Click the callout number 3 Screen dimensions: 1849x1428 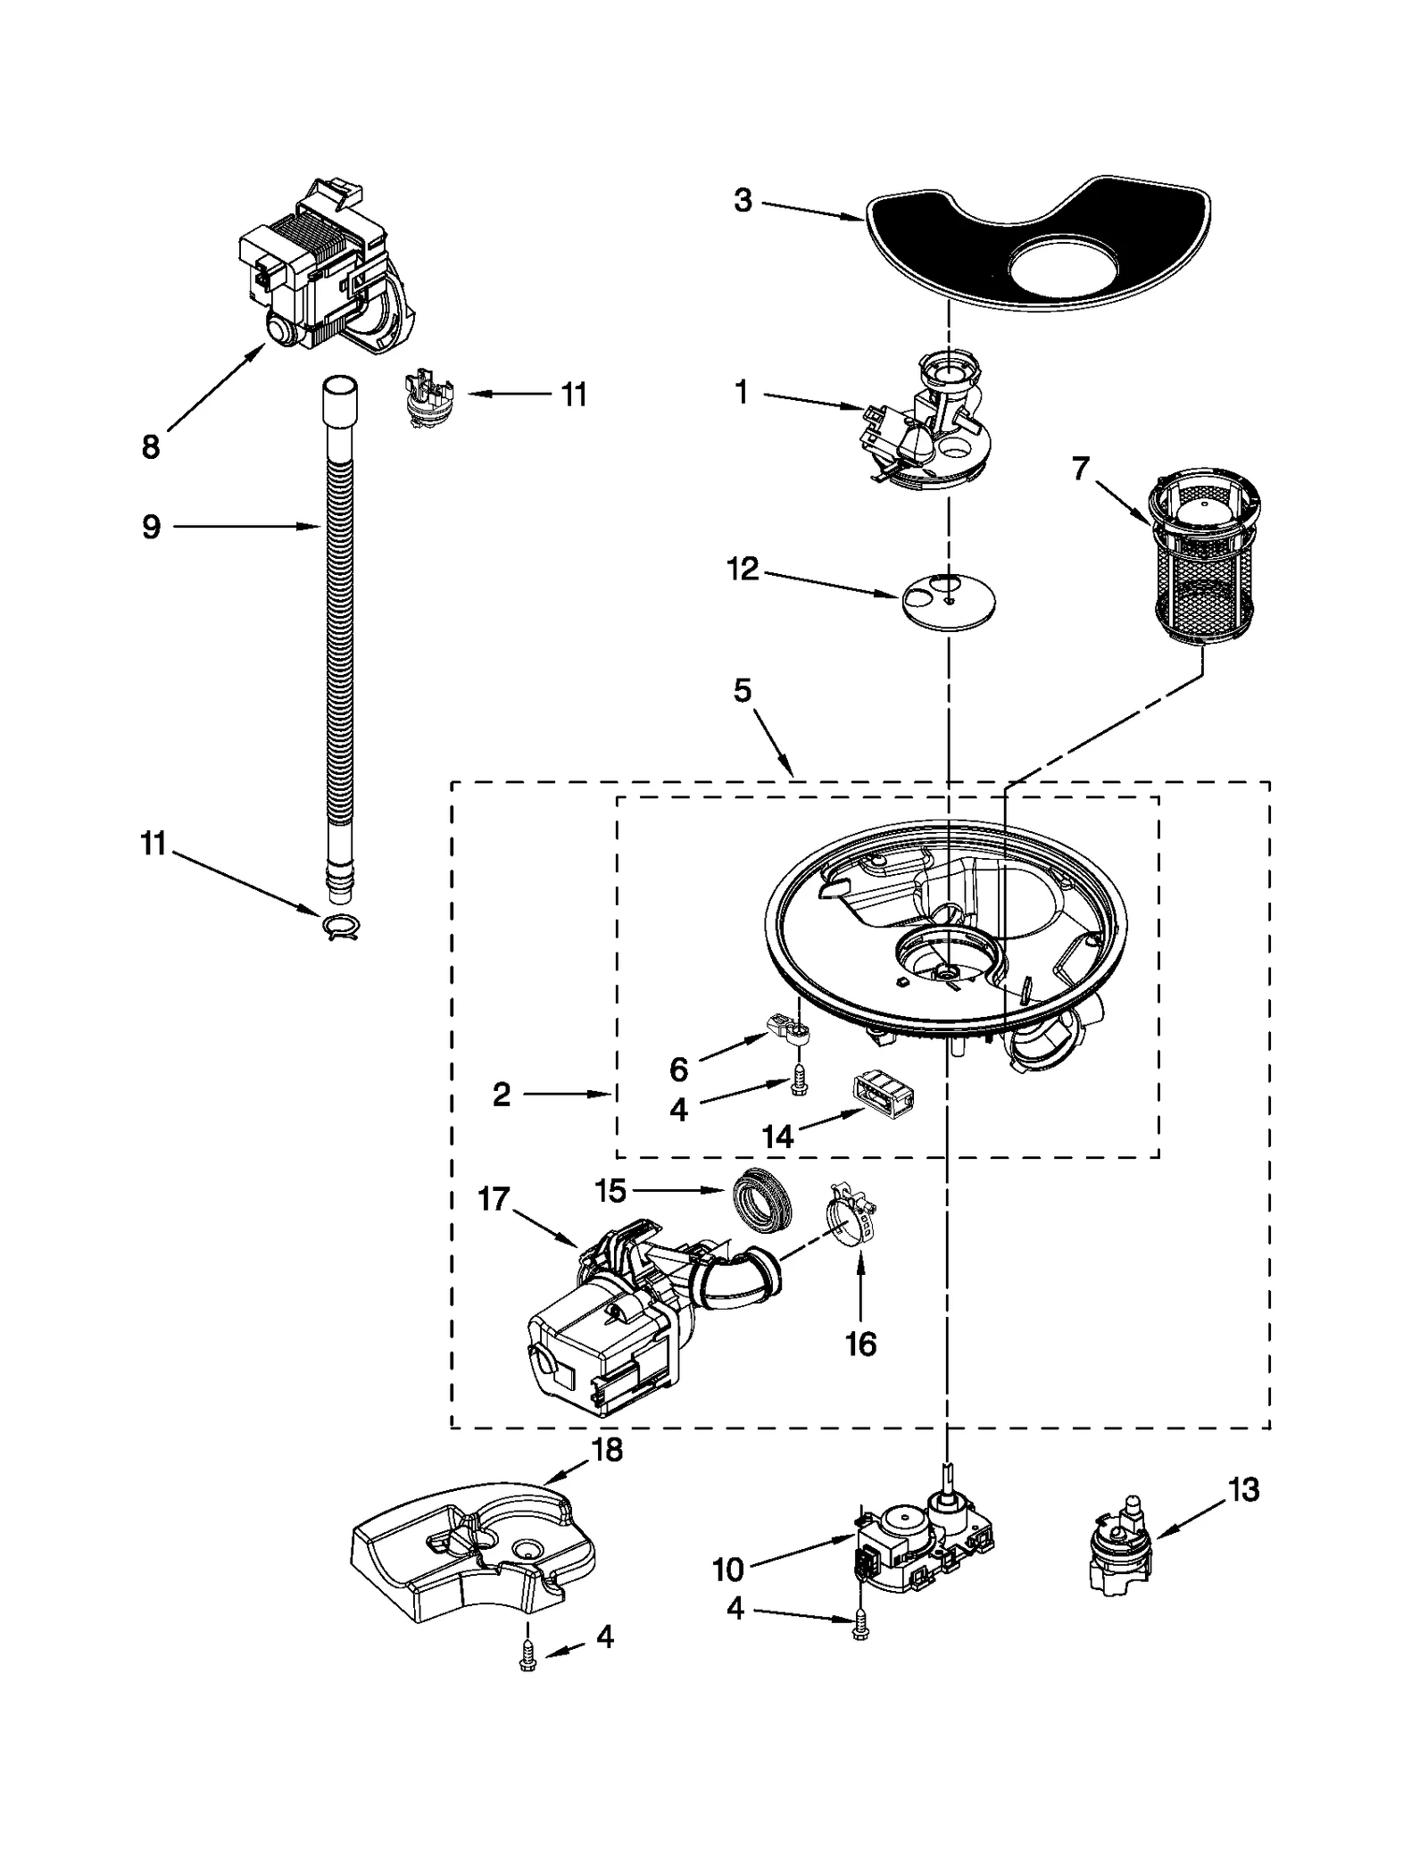[743, 202]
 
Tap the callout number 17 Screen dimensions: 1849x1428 [494, 1198]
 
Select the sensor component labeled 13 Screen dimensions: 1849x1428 [1119, 1553]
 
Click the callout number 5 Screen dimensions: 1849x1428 [743, 690]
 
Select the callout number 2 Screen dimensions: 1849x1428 [502, 1094]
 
